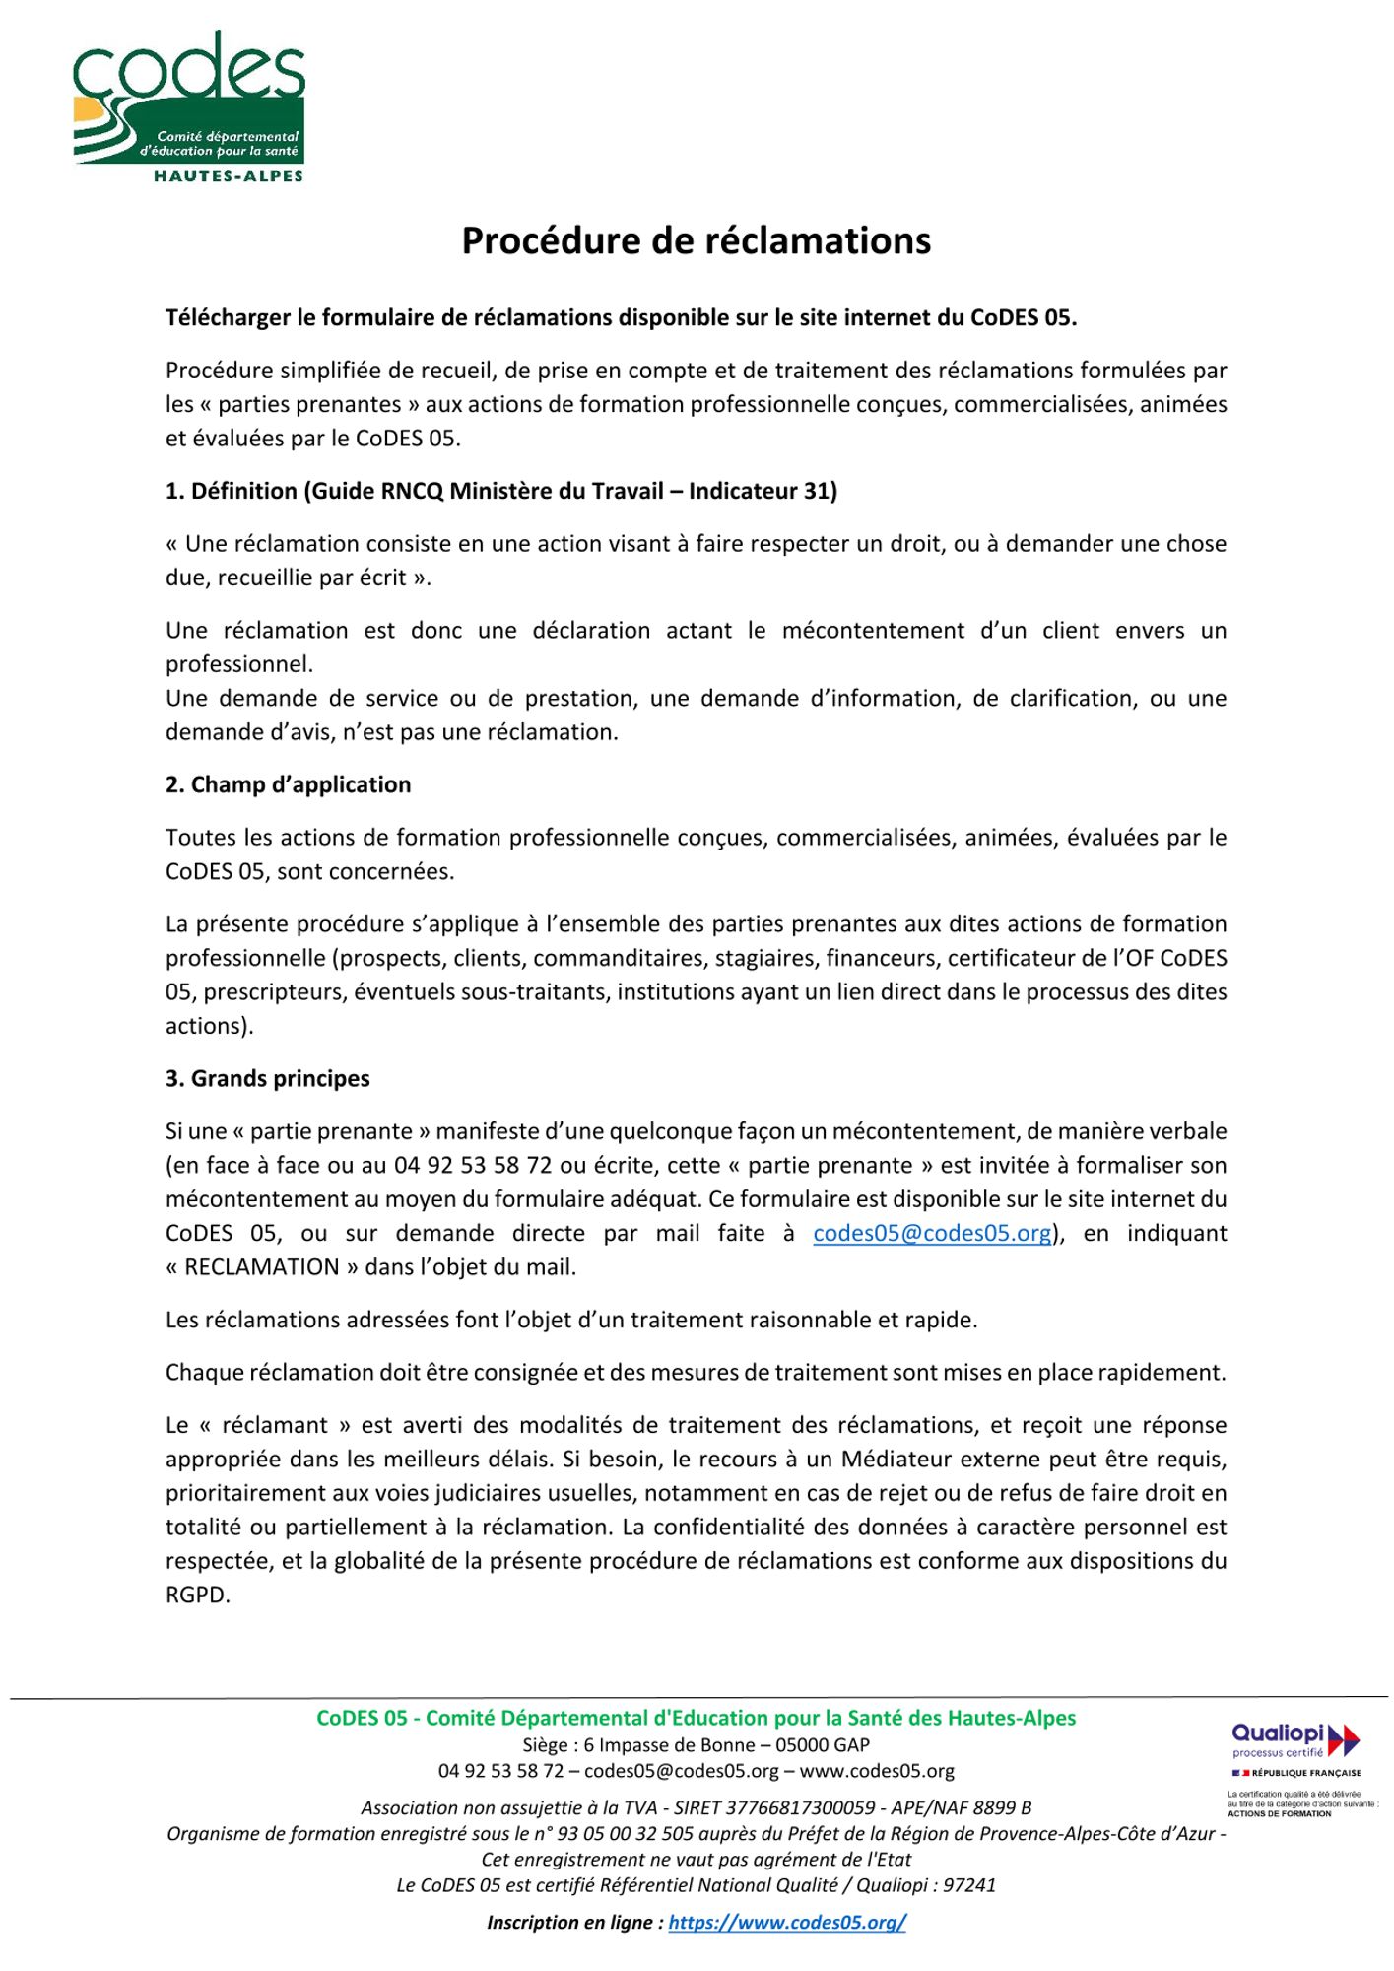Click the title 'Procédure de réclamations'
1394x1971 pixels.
click(696, 241)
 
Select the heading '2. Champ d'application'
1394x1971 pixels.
click(288, 784)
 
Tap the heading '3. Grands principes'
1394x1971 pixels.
click(267, 1078)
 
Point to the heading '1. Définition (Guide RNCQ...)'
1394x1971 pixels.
click(500, 491)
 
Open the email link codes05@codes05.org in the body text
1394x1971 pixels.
click(932, 1233)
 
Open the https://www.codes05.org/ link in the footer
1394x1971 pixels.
click(786, 1922)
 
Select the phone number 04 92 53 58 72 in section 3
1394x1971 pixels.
click(473, 1165)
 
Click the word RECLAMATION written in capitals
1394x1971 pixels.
click(261, 1267)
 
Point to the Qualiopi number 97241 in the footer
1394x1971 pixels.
click(969, 1885)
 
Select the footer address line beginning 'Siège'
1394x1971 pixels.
click(696, 1745)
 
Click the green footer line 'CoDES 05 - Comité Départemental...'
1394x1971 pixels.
click(696, 1718)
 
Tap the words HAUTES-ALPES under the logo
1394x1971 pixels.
click(228, 176)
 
